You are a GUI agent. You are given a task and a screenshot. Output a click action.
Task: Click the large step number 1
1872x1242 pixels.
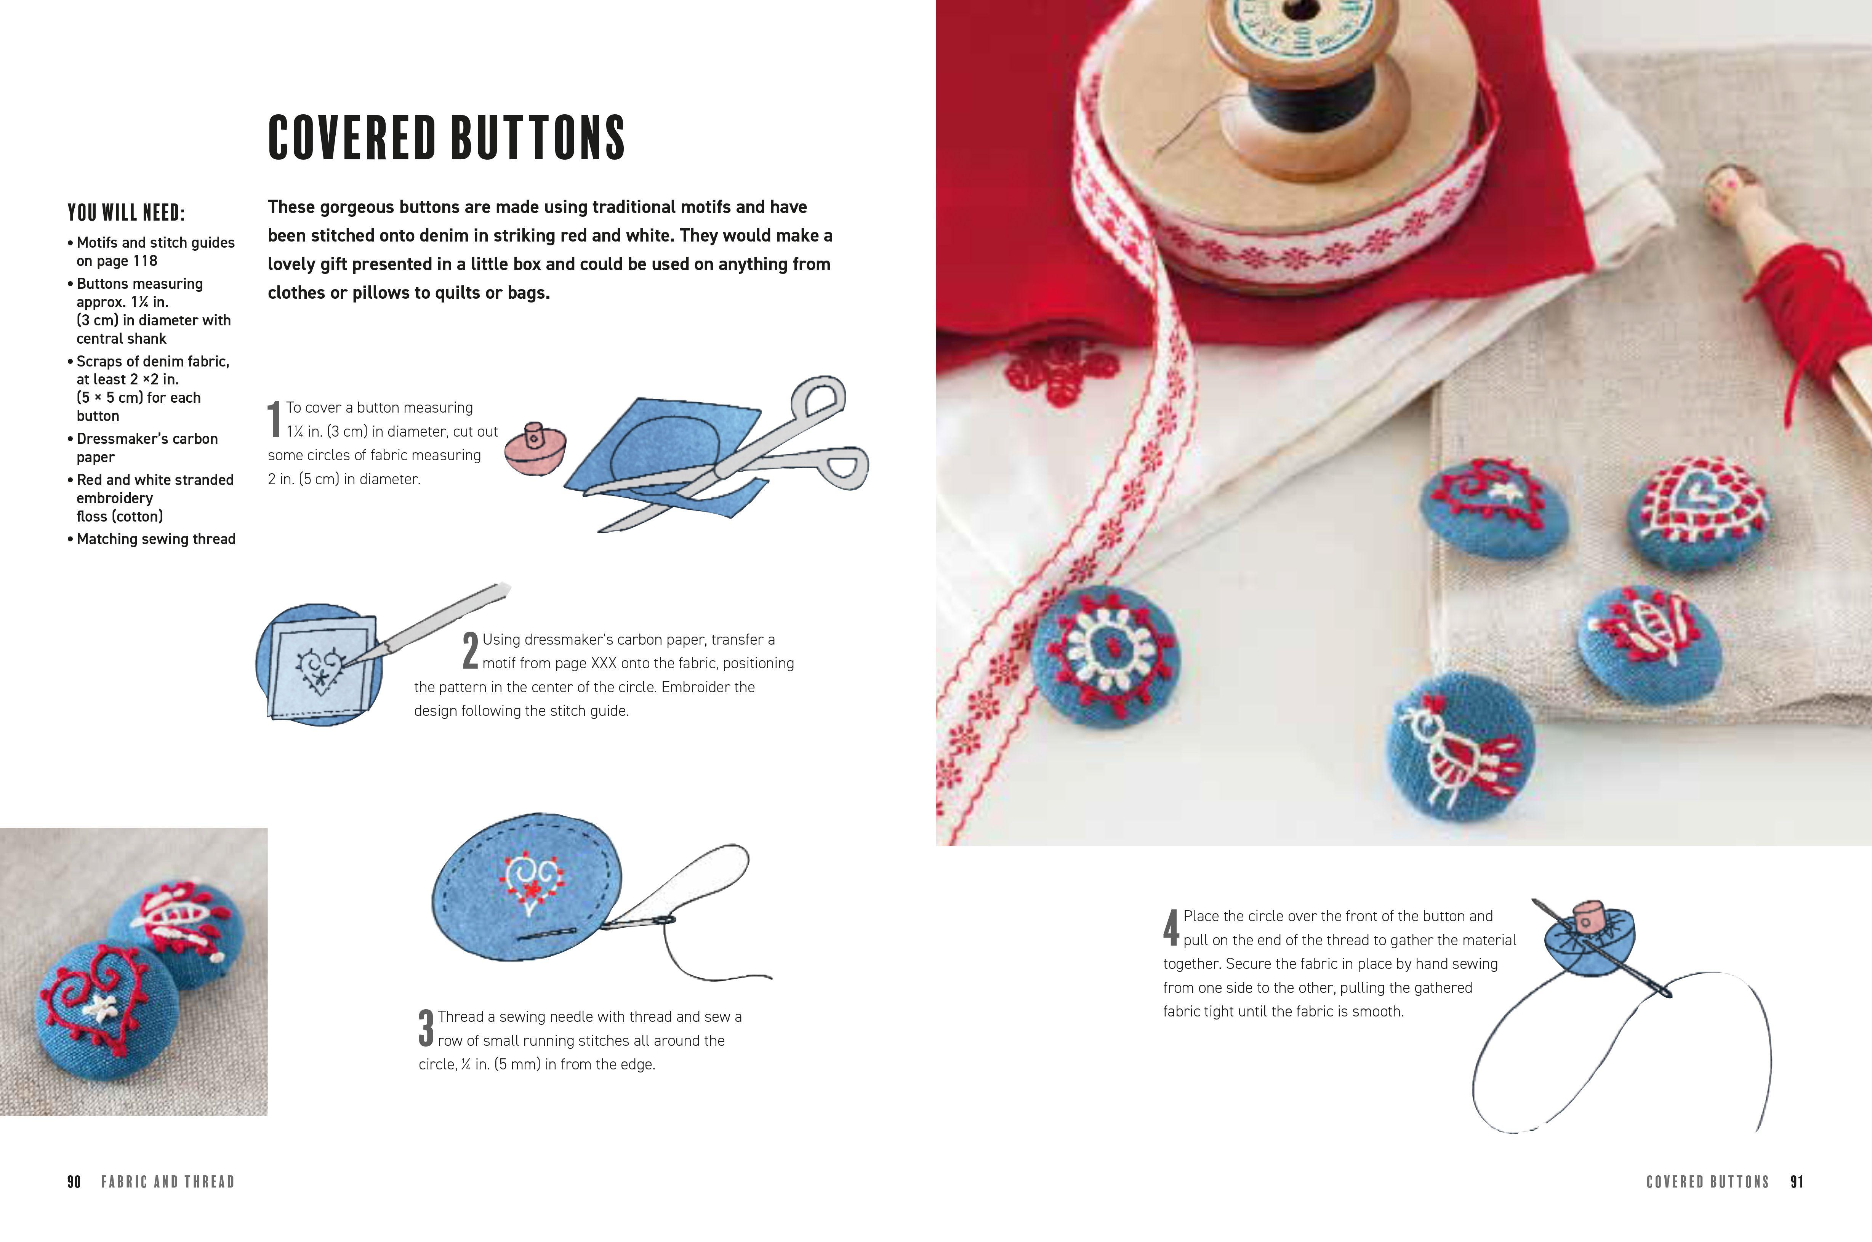[274, 419]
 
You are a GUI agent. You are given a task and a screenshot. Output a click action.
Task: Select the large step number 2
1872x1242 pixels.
[471, 651]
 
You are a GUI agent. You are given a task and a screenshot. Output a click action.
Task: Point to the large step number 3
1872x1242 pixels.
[426, 1028]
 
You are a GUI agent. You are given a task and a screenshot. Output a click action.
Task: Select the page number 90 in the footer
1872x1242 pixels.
[74, 1182]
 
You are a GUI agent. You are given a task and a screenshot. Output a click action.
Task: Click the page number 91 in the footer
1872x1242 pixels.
[1797, 1182]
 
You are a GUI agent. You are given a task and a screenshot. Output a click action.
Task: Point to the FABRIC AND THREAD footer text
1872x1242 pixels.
[168, 1182]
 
